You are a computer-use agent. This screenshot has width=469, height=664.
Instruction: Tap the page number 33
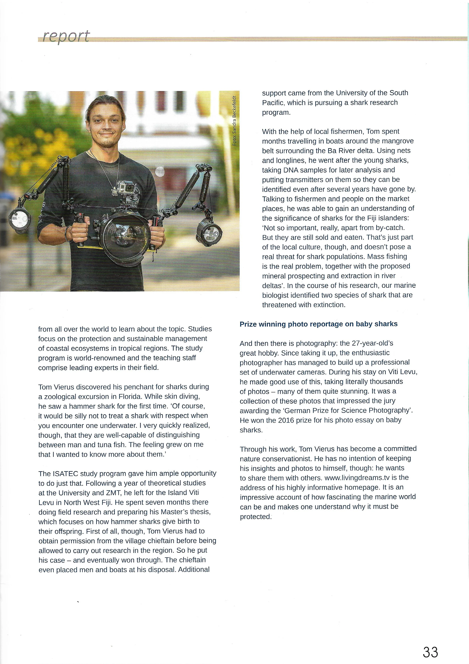click(x=430, y=644)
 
